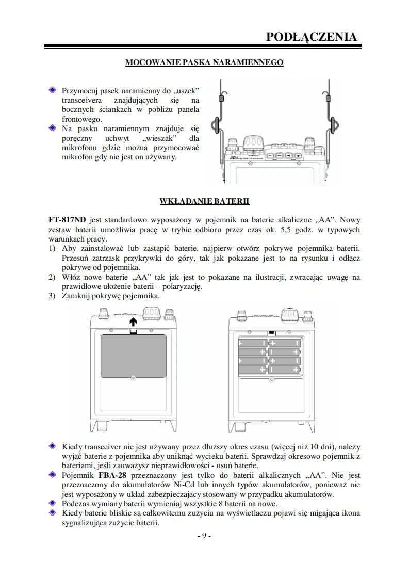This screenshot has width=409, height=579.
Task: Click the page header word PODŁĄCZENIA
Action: coord(311,37)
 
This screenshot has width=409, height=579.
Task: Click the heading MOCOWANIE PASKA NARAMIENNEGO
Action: coord(205,62)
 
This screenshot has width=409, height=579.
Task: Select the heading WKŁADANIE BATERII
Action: coord(205,200)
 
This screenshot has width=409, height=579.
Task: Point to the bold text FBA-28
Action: coord(112,475)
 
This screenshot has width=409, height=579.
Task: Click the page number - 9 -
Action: coord(204,536)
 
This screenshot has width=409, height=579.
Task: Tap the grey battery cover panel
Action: coord(133,356)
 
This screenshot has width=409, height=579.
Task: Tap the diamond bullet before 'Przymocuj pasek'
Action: coord(52,90)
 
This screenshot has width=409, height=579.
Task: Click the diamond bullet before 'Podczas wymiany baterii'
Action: coord(52,503)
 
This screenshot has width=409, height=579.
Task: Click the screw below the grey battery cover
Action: coord(133,379)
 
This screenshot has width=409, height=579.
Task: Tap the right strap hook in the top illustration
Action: coord(334,124)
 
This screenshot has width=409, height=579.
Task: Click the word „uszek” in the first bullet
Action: coord(185,90)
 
